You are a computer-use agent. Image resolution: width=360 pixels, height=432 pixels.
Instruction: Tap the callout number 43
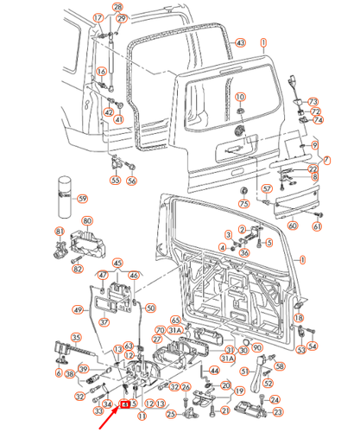[240, 42]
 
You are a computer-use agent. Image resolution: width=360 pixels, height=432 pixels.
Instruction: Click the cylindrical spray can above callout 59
[63, 192]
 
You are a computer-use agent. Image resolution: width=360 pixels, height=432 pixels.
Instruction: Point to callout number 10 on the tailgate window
[240, 96]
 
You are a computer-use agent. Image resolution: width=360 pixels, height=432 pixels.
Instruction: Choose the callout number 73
[314, 102]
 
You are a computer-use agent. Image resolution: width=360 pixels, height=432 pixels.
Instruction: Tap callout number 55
[115, 181]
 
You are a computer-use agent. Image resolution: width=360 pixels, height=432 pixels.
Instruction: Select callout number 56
[131, 181]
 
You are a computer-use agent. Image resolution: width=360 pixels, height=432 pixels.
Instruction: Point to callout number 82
[78, 270]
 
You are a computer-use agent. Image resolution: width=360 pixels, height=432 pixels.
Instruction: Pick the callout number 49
[78, 310]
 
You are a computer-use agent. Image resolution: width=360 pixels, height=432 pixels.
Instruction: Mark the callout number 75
[244, 203]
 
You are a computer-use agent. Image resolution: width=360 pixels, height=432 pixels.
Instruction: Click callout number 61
[317, 226]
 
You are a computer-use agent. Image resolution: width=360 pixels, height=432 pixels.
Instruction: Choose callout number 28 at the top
[121, 8]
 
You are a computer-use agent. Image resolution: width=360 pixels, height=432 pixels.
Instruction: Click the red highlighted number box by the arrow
[126, 403]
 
